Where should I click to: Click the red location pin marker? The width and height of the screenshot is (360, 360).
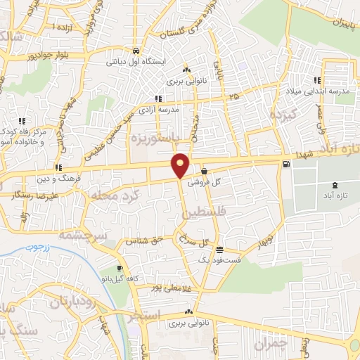(181, 165)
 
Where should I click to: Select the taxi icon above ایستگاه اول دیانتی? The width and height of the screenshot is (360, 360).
(135, 51)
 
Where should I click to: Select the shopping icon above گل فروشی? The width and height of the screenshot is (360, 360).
(204, 171)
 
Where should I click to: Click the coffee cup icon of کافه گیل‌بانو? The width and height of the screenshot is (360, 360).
(120, 269)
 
